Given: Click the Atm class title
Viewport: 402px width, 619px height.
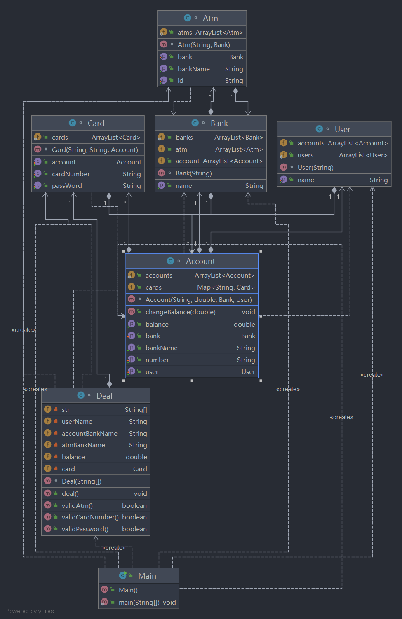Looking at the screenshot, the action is tap(210, 18).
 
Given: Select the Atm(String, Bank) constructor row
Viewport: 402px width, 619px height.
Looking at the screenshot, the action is tap(204, 45).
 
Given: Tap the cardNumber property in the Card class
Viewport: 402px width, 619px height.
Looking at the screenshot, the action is tap(71, 174).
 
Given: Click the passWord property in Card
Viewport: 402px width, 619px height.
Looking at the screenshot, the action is tap(67, 186).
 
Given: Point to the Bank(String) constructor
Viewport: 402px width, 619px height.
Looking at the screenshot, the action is tap(194, 173).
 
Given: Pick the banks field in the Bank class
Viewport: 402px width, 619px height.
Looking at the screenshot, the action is tap(184, 137).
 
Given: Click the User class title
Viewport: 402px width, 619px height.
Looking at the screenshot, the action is tap(343, 129).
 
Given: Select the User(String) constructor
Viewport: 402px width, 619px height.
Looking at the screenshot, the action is tap(315, 168).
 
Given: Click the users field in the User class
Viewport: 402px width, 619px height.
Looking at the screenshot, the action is tap(306, 155).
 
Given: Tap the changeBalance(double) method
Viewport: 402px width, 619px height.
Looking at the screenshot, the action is tap(181, 312).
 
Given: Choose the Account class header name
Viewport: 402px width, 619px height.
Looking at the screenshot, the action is tap(200, 261).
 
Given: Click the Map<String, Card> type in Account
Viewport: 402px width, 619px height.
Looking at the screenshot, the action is tap(226, 287).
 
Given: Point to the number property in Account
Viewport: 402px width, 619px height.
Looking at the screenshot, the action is tap(157, 360).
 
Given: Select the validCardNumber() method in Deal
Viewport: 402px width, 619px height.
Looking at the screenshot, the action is tap(90, 517).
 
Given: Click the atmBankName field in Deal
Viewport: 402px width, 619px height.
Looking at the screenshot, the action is tap(83, 445).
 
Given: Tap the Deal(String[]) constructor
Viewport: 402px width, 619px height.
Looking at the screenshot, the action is tap(82, 481).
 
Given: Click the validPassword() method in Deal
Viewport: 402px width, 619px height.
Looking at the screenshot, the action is tap(85, 529).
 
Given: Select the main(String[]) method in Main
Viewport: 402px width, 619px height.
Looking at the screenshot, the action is tap(139, 603).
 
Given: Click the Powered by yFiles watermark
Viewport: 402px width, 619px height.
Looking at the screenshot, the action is tap(30, 611).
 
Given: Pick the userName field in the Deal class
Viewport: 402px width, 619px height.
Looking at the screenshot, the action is tap(77, 422).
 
